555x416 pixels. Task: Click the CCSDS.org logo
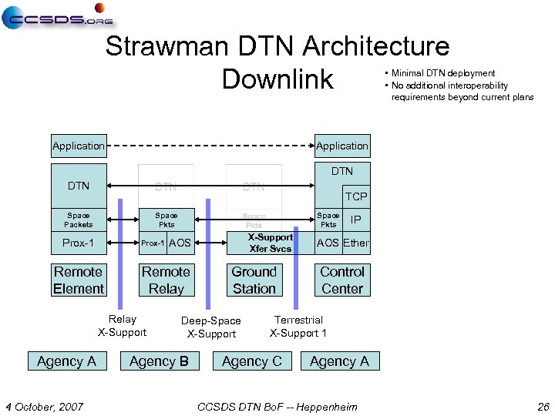(x=57, y=16)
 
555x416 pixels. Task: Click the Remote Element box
(x=79, y=280)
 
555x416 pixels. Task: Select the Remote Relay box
(x=166, y=280)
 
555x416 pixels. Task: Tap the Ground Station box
(x=254, y=280)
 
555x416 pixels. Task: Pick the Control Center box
(x=341, y=280)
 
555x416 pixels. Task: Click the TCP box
(x=355, y=196)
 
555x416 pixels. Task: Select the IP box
(x=355, y=220)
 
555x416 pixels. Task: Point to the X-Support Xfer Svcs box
(x=271, y=243)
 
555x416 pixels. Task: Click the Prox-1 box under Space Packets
(x=79, y=243)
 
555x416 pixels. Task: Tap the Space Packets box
(x=79, y=220)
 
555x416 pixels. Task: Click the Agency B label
(x=159, y=361)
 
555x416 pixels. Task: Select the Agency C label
(x=252, y=361)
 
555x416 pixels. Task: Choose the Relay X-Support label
(x=122, y=326)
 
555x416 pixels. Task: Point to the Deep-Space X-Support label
(x=211, y=327)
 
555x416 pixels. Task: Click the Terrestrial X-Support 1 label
(x=298, y=327)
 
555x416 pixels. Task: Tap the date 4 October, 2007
(x=45, y=406)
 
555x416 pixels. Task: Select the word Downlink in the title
(x=277, y=79)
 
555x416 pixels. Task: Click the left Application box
(x=79, y=146)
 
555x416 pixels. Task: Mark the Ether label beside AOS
(x=356, y=243)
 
